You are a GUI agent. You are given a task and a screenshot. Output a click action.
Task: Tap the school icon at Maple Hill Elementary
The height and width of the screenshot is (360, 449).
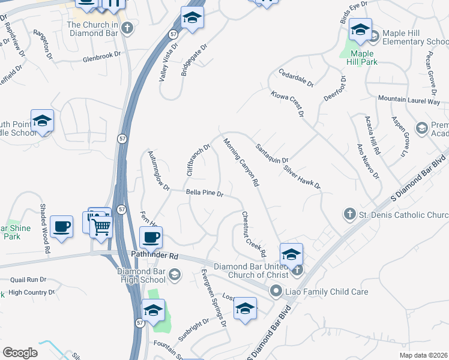tap(360, 29)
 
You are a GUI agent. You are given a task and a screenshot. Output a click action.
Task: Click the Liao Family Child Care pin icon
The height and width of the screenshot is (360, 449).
tap(276, 292)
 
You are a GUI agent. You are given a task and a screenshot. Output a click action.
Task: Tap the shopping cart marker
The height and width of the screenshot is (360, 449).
tap(101, 227)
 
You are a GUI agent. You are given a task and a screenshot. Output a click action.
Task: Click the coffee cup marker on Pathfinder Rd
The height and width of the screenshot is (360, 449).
tap(150, 238)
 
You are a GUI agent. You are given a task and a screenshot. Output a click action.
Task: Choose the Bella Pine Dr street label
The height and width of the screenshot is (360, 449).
tap(205, 194)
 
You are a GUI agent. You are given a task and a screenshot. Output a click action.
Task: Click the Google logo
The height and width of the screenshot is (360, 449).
tap(20, 353)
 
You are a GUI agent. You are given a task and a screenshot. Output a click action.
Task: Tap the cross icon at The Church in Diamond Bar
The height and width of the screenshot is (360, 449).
tap(127, 28)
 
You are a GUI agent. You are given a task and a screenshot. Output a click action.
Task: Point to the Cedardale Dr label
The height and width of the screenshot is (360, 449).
tap(296, 78)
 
